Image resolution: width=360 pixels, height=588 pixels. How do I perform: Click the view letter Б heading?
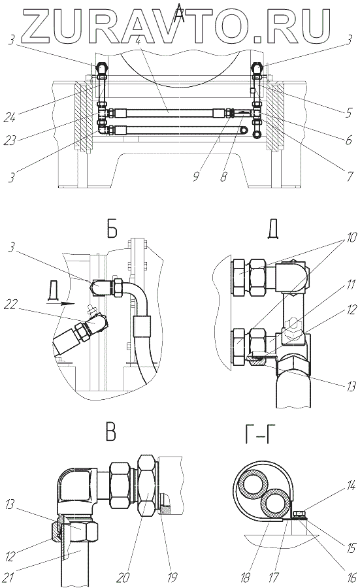tap(112, 228)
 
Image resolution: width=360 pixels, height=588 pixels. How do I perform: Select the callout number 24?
tap(10, 118)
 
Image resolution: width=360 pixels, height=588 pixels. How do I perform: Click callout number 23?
tap(10, 140)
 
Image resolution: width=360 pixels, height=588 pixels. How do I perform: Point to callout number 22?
tap(10, 304)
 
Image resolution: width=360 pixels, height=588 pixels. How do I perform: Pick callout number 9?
tap(197, 176)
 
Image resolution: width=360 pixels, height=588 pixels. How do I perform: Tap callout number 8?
tap(223, 176)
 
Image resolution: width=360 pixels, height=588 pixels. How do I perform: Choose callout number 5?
tap(349, 112)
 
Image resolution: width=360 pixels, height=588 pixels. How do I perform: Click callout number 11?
tap(351, 285)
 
